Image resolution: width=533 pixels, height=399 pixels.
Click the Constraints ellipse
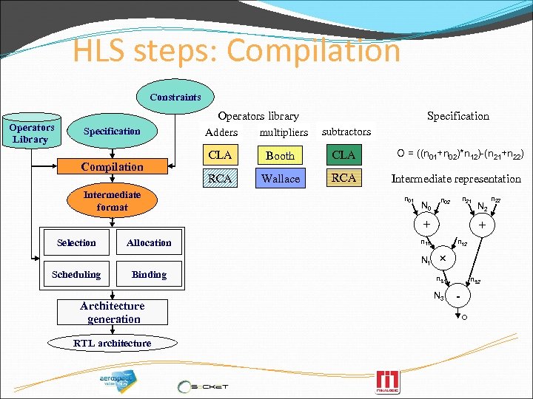(x=175, y=97)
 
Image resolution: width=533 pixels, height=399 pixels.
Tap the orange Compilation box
(x=112, y=167)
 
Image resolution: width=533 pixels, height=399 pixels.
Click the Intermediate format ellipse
(x=112, y=201)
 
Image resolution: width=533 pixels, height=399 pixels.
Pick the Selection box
(x=76, y=242)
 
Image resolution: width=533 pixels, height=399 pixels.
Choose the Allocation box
(x=149, y=242)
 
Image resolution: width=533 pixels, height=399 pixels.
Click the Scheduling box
(x=76, y=274)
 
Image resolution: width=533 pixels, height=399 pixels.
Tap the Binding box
(x=149, y=274)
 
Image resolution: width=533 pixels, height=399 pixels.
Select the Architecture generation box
(x=112, y=312)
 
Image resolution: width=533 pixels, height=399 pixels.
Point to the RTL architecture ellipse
(x=112, y=343)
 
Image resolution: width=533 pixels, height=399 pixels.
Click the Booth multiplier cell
(x=280, y=155)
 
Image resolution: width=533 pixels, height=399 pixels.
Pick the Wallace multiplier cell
(x=280, y=178)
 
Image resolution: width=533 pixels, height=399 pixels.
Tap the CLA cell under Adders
(x=221, y=155)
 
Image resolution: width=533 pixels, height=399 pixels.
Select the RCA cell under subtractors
(x=343, y=178)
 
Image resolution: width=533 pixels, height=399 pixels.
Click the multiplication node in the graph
(x=443, y=259)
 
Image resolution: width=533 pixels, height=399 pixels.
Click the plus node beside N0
(x=426, y=224)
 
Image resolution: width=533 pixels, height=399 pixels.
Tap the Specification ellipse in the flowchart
(x=112, y=132)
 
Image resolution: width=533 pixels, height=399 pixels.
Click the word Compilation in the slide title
(x=314, y=50)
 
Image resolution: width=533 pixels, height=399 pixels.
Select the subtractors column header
(x=346, y=132)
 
